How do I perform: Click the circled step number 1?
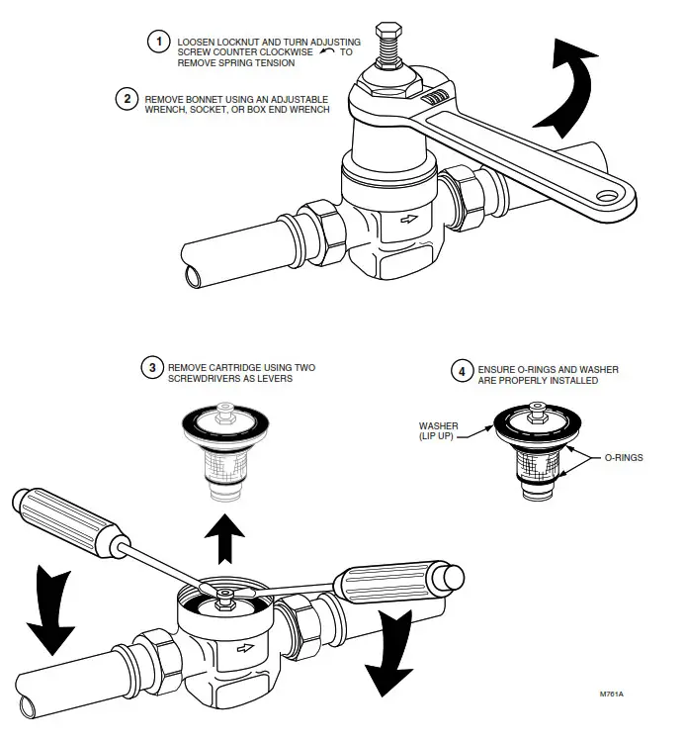157,42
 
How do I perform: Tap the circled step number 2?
126,99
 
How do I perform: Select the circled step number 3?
151,369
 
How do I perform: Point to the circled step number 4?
462,372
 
